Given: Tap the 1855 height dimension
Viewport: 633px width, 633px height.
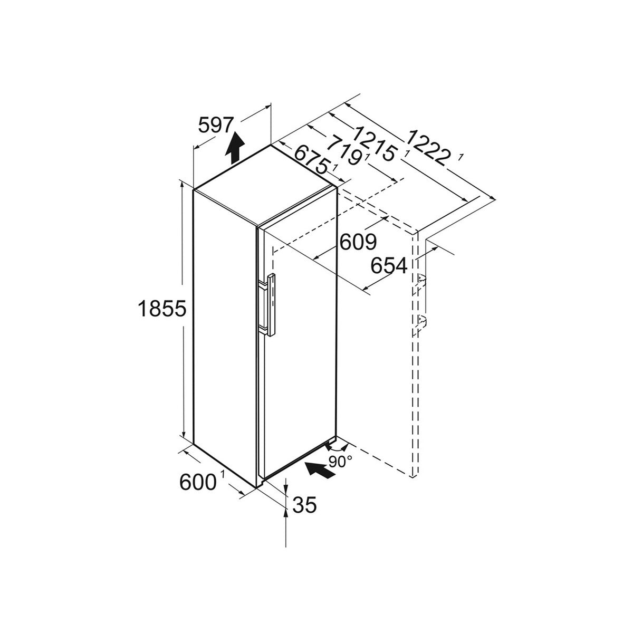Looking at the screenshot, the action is coord(162,309).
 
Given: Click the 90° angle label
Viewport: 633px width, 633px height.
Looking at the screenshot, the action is coord(340,462).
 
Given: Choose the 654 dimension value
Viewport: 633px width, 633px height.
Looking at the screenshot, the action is coord(389,265).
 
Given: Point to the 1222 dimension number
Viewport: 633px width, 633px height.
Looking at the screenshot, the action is coord(428,148).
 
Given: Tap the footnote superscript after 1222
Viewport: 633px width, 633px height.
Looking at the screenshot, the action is coord(461,158).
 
